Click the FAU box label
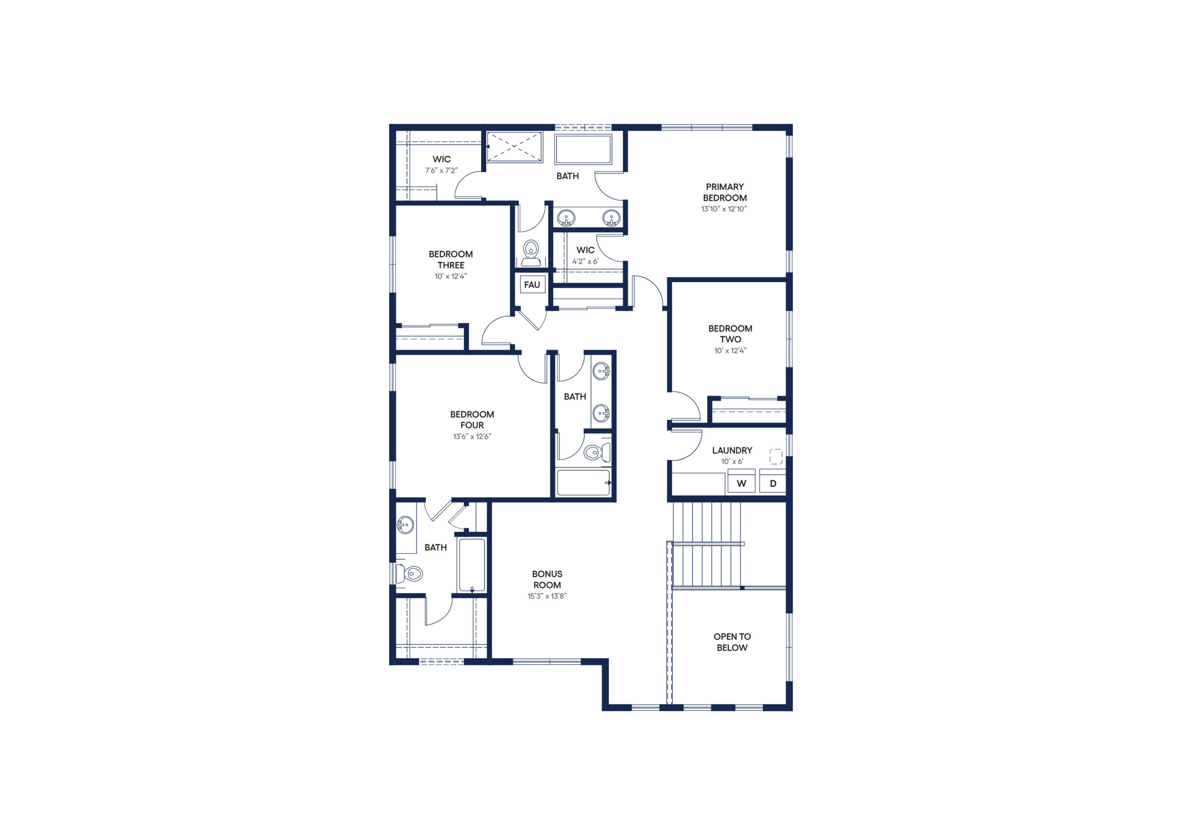(532, 285)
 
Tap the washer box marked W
(742, 483)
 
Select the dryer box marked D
(773, 483)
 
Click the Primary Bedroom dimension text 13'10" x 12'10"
(724, 209)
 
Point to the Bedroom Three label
(451, 260)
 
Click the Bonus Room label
(547, 579)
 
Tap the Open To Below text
(732, 642)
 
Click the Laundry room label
(732, 450)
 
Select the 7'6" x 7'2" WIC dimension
(441, 170)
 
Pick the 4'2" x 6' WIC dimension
(585, 262)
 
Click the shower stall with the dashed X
(514, 147)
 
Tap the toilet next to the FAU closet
(531, 253)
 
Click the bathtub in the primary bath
(583, 149)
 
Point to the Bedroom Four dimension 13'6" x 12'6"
(472, 437)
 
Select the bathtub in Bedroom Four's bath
(472, 566)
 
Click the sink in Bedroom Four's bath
(406, 525)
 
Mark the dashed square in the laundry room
(776, 457)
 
